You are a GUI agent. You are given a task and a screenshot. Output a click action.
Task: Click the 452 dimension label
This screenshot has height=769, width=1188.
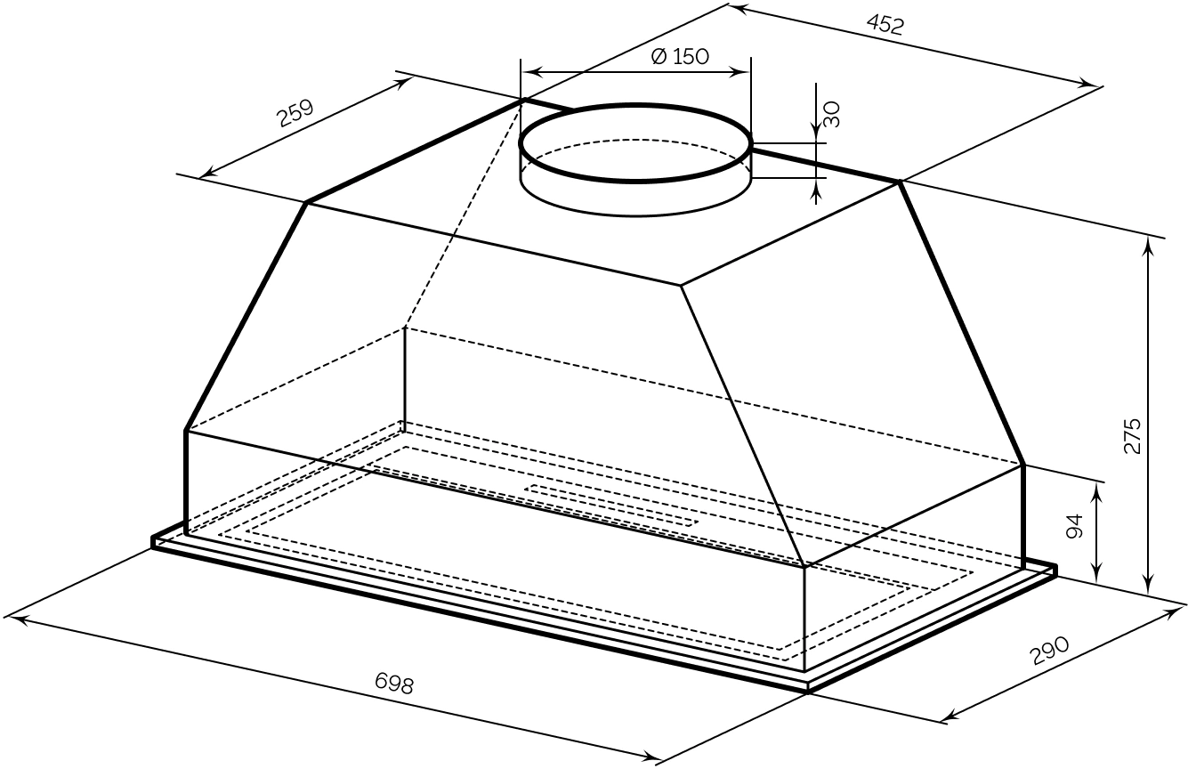tap(885, 24)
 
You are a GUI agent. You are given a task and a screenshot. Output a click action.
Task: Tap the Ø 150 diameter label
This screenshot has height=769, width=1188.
tap(680, 56)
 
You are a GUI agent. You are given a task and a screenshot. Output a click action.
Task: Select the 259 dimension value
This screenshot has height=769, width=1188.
tap(296, 112)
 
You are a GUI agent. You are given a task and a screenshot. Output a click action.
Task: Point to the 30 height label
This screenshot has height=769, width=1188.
tap(831, 115)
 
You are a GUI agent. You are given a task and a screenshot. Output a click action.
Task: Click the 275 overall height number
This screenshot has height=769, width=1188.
tap(1132, 436)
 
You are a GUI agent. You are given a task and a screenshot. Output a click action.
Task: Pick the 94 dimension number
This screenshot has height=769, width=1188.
tap(1074, 526)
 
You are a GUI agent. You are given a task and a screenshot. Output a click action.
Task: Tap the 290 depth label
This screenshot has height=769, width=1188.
tap(1050, 651)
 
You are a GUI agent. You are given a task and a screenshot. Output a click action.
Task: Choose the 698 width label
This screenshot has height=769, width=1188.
tap(393, 683)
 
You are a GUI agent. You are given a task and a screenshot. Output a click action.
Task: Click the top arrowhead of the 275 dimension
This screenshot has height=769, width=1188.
tap(1149, 244)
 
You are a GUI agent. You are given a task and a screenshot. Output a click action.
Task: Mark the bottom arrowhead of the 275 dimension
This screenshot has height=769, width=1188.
tap(1149, 586)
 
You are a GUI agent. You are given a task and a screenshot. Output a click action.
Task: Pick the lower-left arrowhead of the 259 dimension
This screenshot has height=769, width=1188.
tap(209, 172)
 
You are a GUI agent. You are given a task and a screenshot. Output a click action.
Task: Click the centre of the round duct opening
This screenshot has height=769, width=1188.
tap(635, 142)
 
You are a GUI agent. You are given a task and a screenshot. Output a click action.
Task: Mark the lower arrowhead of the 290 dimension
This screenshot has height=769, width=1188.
tap(950, 717)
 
